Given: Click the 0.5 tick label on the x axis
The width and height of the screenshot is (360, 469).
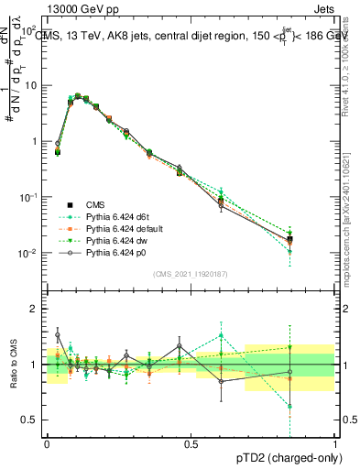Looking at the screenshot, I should tap(191, 443).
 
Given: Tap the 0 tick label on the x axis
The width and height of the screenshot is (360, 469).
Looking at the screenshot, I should tap(47, 443).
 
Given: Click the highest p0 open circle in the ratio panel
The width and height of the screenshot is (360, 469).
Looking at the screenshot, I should tap(58, 335).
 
